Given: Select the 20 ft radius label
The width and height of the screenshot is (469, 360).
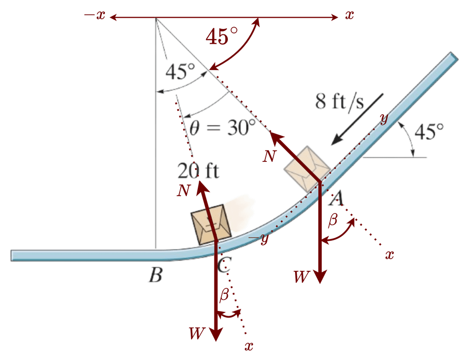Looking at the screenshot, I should [x=198, y=170].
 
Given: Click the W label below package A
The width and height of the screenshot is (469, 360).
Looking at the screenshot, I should [x=301, y=276].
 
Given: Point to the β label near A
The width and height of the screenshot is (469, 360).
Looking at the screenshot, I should [x=333, y=220].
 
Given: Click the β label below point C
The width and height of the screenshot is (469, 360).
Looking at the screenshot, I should [x=224, y=296].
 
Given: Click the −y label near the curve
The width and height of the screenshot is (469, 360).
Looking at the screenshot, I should [x=259, y=238].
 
